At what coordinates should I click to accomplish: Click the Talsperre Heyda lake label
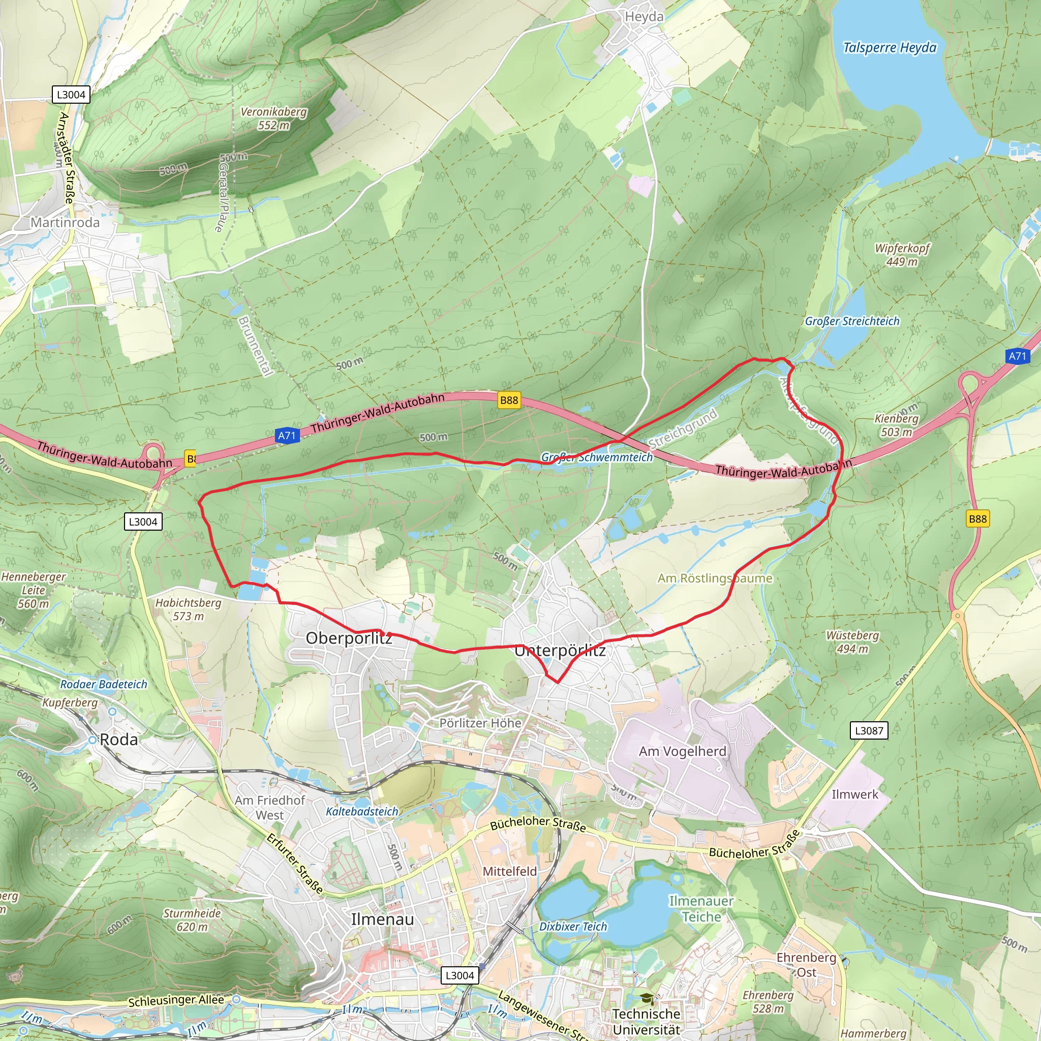tap(889, 47)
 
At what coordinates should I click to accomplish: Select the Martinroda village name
tap(65, 223)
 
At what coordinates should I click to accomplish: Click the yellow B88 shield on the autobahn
tap(509, 400)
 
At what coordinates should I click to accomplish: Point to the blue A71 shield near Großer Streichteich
tap(1017, 356)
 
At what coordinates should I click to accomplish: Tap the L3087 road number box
tap(869, 730)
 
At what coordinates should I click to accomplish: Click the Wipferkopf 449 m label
tap(902, 255)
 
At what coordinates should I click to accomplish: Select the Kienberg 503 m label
tap(896, 425)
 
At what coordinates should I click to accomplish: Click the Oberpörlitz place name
tap(349, 638)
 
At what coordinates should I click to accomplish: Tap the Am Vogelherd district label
tap(682, 751)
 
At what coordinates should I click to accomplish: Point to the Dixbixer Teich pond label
tap(573, 926)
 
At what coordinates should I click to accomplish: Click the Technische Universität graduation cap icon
tap(647, 999)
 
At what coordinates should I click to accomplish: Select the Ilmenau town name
tap(383, 919)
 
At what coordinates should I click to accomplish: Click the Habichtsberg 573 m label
tap(188, 609)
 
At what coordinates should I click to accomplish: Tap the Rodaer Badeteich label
tap(104, 684)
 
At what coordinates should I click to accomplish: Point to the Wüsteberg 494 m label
tap(852, 642)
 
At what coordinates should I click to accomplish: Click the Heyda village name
tap(644, 17)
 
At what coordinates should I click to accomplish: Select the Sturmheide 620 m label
tap(192, 920)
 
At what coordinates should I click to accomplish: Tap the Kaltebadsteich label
tap(361, 811)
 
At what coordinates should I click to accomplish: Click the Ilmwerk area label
tap(854, 794)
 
